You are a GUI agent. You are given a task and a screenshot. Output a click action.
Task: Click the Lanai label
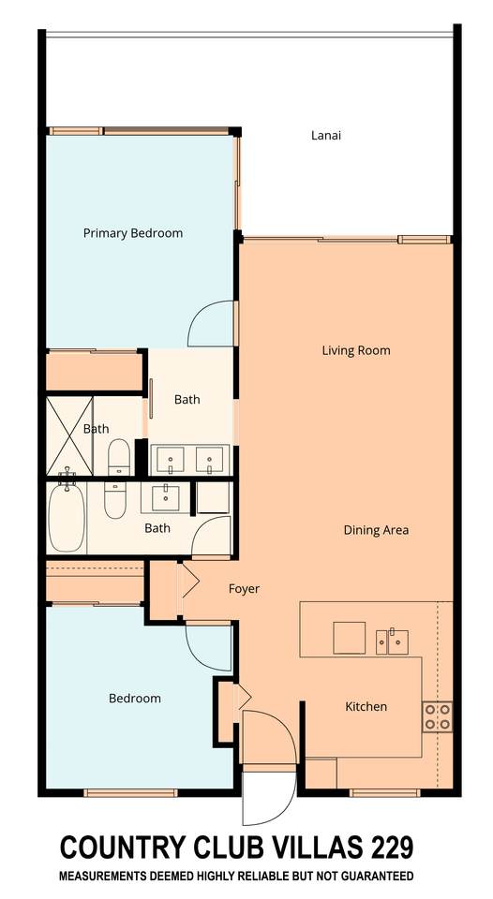tap(326, 136)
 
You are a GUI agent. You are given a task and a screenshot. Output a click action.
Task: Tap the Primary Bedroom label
tap(133, 233)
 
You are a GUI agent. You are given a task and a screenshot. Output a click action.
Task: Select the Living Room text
tap(356, 350)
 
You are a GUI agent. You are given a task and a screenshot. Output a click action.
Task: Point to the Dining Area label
tap(376, 530)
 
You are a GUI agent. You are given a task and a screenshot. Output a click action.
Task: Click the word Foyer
tap(244, 589)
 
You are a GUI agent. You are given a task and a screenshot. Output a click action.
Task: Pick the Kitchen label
tap(366, 706)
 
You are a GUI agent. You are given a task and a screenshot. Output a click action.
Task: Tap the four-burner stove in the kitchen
tap(438, 716)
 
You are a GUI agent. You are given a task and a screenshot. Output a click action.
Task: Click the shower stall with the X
tap(69, 436)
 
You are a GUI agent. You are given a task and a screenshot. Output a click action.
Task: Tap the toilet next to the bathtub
tap(114, 500)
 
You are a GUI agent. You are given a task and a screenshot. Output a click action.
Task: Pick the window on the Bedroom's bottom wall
tap(130, 793)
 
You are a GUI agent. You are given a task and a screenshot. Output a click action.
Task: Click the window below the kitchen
tap(384, 793)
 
